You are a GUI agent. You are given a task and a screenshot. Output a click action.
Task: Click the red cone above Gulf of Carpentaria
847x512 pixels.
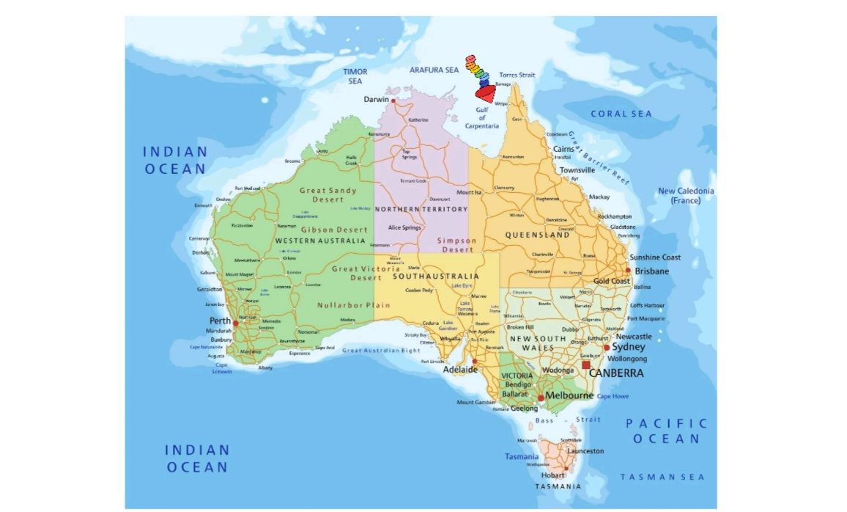[485, 93]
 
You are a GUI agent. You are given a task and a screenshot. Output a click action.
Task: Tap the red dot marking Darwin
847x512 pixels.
[393, 100]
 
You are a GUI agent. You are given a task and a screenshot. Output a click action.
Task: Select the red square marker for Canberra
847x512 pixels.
[585, 365]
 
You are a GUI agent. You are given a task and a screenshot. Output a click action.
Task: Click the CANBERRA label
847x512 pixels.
[617, 373]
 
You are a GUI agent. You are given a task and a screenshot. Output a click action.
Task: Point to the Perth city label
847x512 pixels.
[220, 321]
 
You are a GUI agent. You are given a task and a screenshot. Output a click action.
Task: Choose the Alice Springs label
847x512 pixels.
[404, 227]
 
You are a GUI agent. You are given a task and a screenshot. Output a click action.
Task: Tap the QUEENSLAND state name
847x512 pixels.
[537, 235]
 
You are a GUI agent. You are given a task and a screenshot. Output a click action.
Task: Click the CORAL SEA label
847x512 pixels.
[621, 114]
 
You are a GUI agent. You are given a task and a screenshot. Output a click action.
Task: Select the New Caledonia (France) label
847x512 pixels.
[686, 196]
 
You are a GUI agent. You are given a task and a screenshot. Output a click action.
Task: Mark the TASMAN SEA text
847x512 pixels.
[662, 477]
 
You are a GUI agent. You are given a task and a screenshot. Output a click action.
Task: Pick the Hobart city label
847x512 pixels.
[552, 475]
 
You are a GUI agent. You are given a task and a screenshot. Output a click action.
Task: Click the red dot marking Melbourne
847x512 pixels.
[541, 398]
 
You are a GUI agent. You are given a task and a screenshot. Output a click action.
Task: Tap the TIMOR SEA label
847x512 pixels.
[355, 76]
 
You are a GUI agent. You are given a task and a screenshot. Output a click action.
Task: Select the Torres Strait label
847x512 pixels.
[517, 75]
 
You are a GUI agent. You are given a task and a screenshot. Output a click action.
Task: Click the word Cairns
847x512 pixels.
[563, 149]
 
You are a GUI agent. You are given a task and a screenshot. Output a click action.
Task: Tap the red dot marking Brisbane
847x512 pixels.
[628, 270]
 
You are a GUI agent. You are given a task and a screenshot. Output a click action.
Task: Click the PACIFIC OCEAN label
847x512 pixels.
[666, 431]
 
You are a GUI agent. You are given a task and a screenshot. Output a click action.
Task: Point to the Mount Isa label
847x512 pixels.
[469, 192]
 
